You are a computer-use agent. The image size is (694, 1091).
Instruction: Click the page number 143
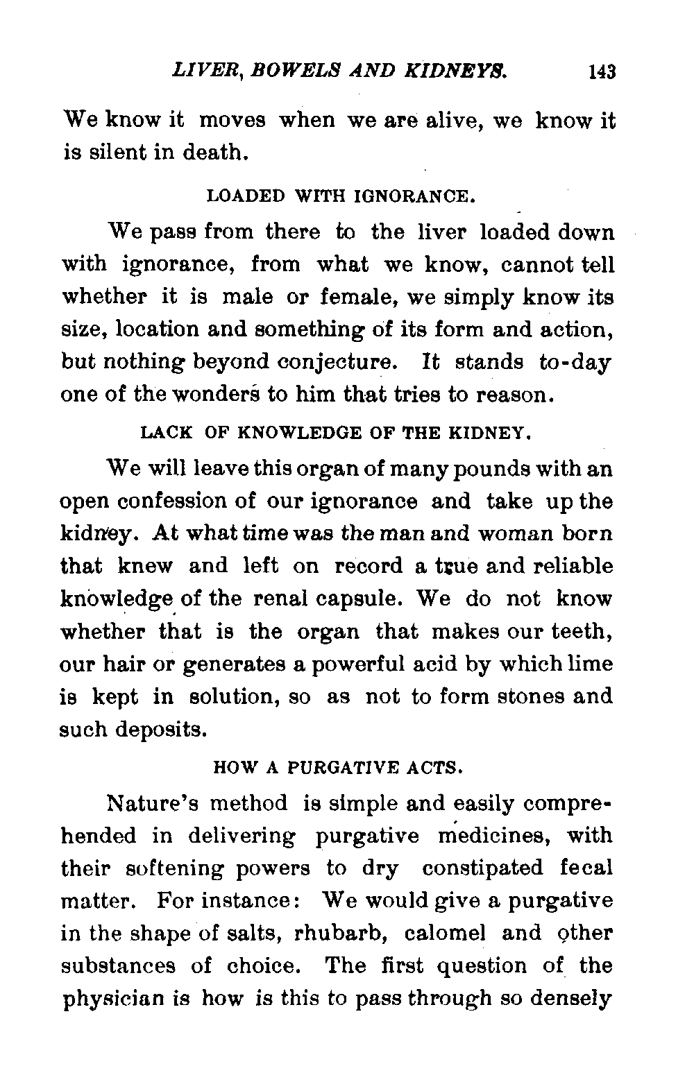tap(602, 71)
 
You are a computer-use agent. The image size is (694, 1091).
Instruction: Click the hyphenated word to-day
tap(574, 362)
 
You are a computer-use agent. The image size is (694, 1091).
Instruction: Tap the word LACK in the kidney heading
tap(167, 433)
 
